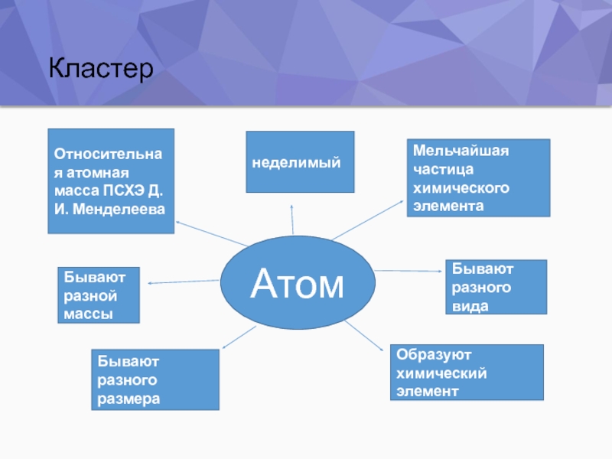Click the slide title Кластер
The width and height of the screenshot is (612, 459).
click(101, 70)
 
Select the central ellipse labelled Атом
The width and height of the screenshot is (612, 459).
click(298, 283)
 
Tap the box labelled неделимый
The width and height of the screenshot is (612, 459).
click(299, 162)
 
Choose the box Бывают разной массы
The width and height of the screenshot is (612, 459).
click(98, 295)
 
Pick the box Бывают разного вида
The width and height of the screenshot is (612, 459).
click(496, 287)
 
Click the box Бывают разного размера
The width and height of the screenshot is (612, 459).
click(155, 379)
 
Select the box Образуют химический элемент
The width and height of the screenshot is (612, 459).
click(466, 373)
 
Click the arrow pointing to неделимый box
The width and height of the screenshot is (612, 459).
click(292, 219)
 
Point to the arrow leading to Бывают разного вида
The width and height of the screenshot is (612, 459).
click(409, 271)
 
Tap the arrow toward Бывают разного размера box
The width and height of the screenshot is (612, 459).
click(237, 340)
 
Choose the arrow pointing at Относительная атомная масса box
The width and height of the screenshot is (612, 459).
click(210, 233)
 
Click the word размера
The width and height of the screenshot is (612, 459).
click(129, 399)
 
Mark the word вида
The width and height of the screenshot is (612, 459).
click(470, 306)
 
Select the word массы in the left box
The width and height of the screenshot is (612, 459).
click(88, 314)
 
